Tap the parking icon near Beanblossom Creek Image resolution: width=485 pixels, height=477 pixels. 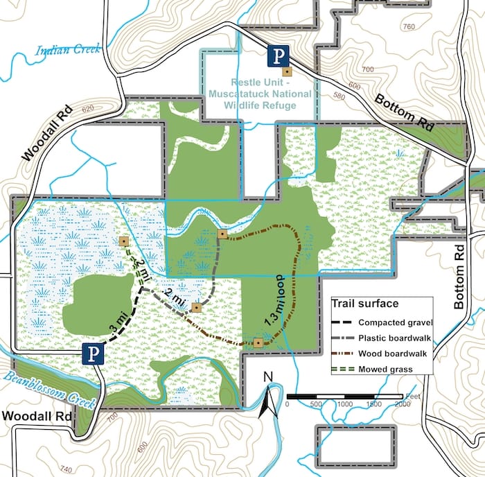93,354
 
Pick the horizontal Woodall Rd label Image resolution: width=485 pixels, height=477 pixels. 36,416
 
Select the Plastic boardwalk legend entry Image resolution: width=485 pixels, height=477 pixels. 395,338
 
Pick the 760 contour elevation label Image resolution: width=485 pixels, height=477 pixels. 407,27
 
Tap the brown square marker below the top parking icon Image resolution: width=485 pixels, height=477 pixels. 285,71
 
